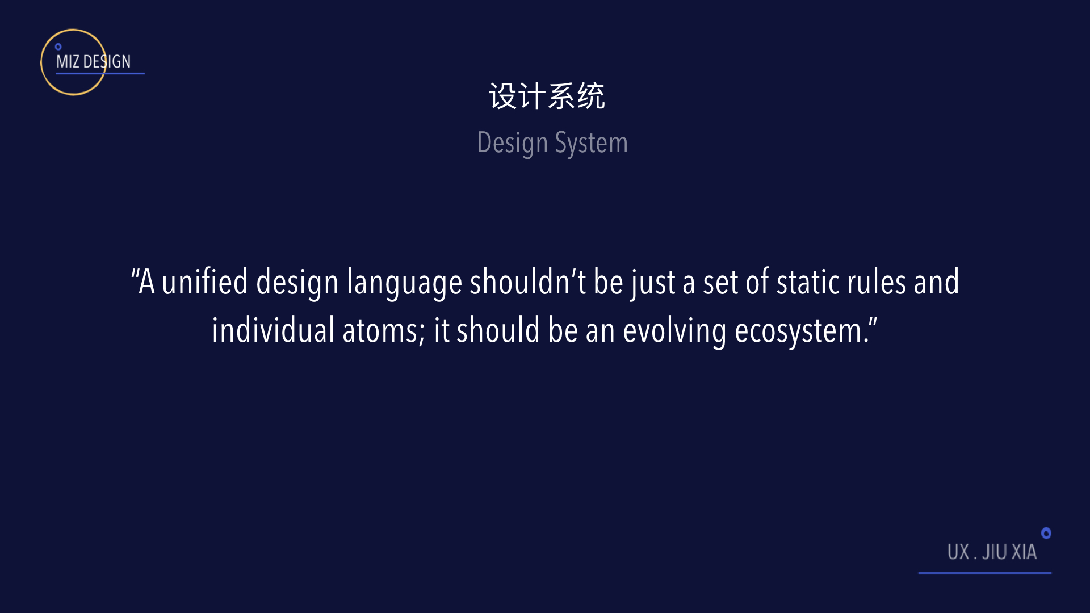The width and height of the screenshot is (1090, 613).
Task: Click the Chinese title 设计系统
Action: click(547, 96)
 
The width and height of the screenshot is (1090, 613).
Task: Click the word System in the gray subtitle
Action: click(591, 143)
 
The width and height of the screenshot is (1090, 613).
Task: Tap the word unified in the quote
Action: click(205, 282)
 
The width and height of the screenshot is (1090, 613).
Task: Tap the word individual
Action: click(273, 330)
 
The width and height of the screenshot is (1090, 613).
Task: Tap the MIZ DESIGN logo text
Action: click(93, 61)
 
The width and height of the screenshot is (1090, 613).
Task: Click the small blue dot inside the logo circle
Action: click(58, 47)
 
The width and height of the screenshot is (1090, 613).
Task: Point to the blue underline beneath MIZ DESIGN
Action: click(100, 73)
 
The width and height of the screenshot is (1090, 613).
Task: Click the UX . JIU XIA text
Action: click(992, 552)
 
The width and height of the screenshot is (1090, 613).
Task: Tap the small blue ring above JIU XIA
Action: click(1046, 533)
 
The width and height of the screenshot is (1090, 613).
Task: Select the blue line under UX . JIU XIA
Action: click(985, 573)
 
